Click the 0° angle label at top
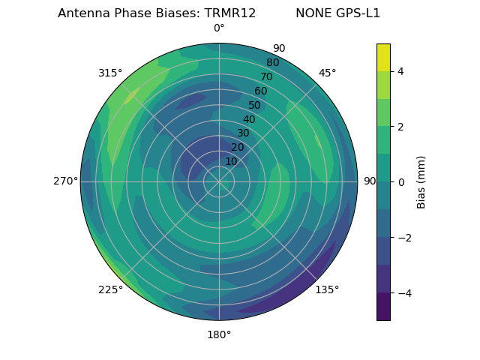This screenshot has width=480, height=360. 219,28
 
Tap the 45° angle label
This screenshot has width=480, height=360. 327,73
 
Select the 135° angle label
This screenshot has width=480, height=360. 327,289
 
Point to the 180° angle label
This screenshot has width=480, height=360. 219,334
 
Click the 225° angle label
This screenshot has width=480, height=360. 110,289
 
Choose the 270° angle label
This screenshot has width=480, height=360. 66,181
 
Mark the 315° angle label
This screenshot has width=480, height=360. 110,73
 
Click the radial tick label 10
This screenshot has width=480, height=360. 231,161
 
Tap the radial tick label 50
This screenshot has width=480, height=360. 254,105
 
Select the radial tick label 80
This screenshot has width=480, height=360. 272,62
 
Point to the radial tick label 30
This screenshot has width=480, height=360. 243,133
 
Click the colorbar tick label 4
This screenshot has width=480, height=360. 400,71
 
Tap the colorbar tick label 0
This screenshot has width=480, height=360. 400,182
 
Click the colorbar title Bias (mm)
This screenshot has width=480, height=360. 421,182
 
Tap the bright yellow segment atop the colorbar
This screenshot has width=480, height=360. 383,58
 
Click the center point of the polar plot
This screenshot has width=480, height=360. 219,181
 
